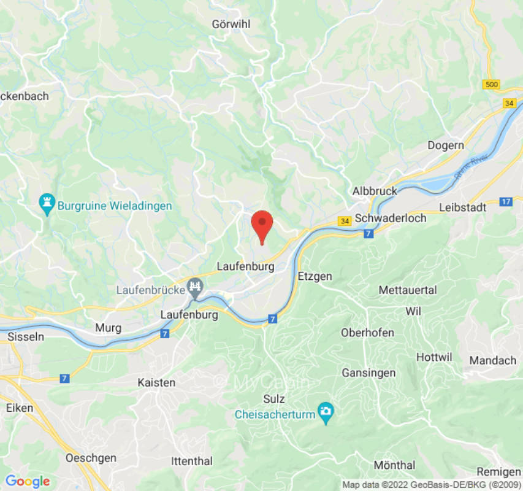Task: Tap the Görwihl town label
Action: [x=231, y=24]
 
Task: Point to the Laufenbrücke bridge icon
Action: [x=196, y=286]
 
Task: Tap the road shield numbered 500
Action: [x=491, y=85]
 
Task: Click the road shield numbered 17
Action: [x=506, y=201]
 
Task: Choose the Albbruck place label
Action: [x=375, y=191]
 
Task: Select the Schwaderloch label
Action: [x=391, y=218]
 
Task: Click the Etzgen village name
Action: [x=315, y=276]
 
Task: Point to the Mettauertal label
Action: [x=408, y=290]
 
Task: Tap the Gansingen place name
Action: [x=368, y=373]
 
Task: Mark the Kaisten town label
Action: [x=156, y=382]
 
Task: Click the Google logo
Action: [x=27, y=481]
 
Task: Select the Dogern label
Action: [x=445, y=145]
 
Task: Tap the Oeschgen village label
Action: [x=91, y=458]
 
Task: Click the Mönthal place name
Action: [x=394, y=465]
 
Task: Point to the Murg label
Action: [x=108, y=328]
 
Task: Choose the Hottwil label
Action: [x=433, y=357]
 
